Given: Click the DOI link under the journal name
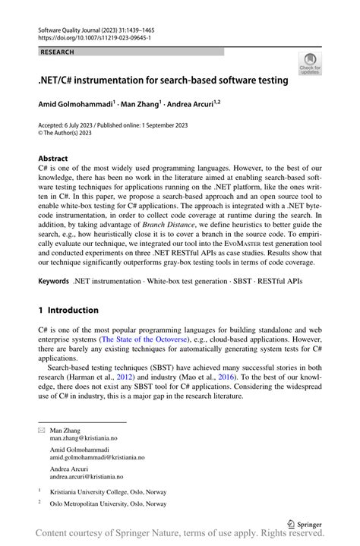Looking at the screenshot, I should pyautogui.click(x=85, y=36).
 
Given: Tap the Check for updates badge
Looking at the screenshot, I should pyautogui.click(x=309, y=65).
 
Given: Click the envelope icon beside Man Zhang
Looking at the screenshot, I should pyautogui.click(x=41, y=431).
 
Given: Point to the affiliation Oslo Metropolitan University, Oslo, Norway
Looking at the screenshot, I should pyautogui.click(x=108, y=503).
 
